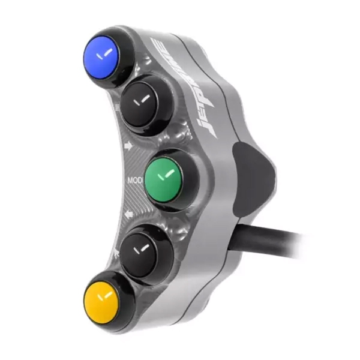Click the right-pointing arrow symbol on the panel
tap(128, 145)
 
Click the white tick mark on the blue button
tap(107, 53)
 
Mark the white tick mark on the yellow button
tap(107, 295)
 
